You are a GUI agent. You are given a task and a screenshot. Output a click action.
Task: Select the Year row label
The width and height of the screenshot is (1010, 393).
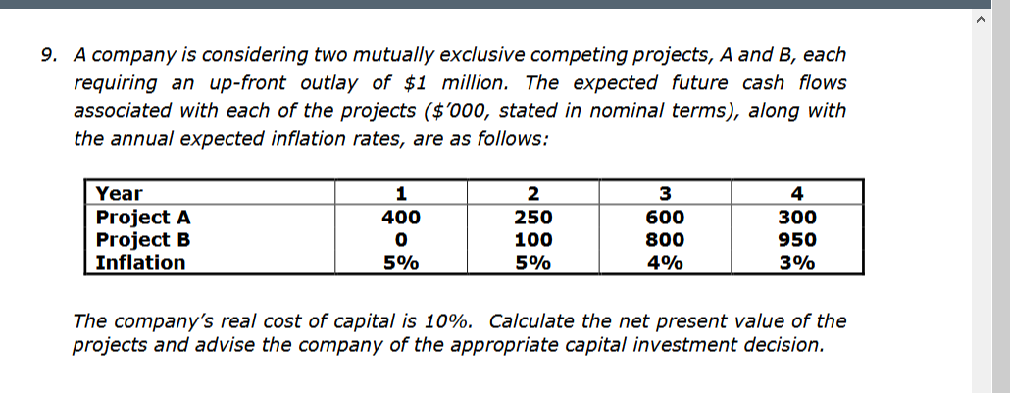119,194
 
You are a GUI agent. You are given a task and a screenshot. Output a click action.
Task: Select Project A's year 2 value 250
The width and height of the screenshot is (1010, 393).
533,218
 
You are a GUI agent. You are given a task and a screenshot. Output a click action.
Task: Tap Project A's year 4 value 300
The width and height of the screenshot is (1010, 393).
797,218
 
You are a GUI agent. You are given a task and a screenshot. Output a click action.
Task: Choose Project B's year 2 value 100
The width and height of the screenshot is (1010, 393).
533,240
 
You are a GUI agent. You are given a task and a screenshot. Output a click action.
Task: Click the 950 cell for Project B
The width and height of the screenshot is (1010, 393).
797,240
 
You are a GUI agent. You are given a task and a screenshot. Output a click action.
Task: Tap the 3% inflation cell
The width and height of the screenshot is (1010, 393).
797,263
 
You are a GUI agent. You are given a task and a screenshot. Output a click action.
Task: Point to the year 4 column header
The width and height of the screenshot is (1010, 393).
797,194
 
